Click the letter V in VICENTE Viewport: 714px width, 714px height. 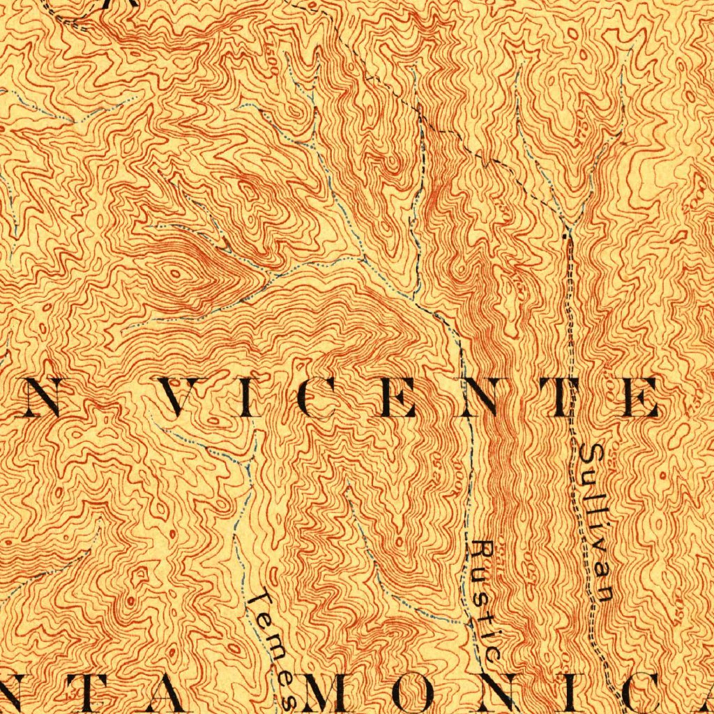coord(180,397)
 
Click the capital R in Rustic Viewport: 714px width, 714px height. coord(482,551)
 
